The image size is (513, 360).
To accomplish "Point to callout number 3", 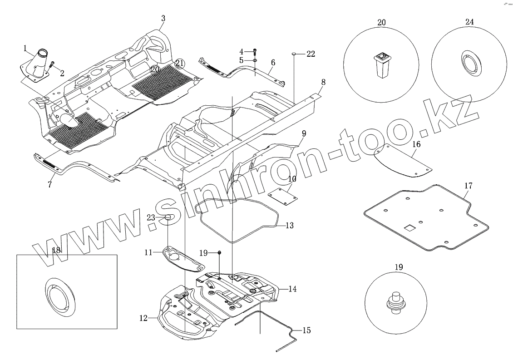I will tap(163, 18).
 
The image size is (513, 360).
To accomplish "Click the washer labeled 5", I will tap(255, 60).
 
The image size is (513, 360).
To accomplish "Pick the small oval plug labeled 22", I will tap(294, 54).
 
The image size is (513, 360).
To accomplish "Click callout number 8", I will tap(323, 82).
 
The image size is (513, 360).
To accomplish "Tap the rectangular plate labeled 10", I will tap(282, 196).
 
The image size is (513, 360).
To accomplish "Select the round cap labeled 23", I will tap(167, 218).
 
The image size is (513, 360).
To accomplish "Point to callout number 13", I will tap(289, 225).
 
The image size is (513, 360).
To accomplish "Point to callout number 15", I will tap(306, 330).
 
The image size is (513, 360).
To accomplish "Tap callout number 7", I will tap(50, 184).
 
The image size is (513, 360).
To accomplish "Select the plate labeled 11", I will tap(182, 258).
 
